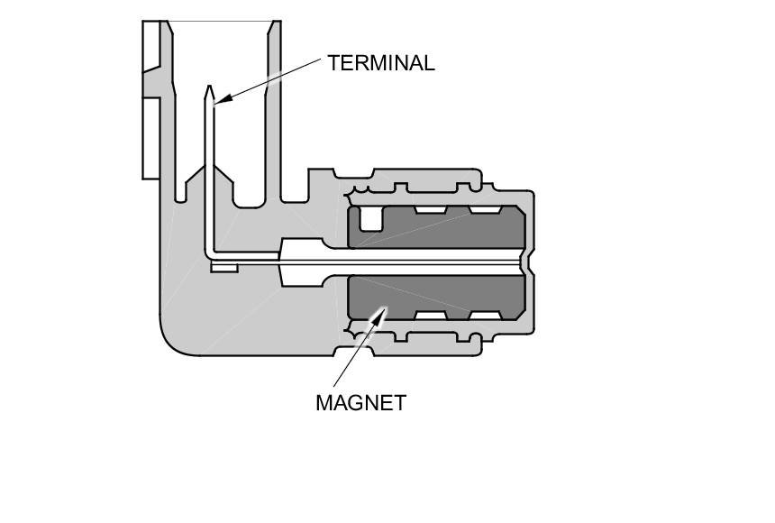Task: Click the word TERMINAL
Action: click(380, 63)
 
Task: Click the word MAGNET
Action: click(360, 403)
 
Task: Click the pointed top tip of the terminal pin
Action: click(210, 89)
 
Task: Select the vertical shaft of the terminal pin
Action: click(210, 171)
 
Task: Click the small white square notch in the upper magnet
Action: click(369, 217)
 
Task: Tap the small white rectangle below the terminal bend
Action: click(223, 267)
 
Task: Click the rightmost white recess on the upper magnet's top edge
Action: click(486, 210)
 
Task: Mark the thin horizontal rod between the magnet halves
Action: click(433, 262)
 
